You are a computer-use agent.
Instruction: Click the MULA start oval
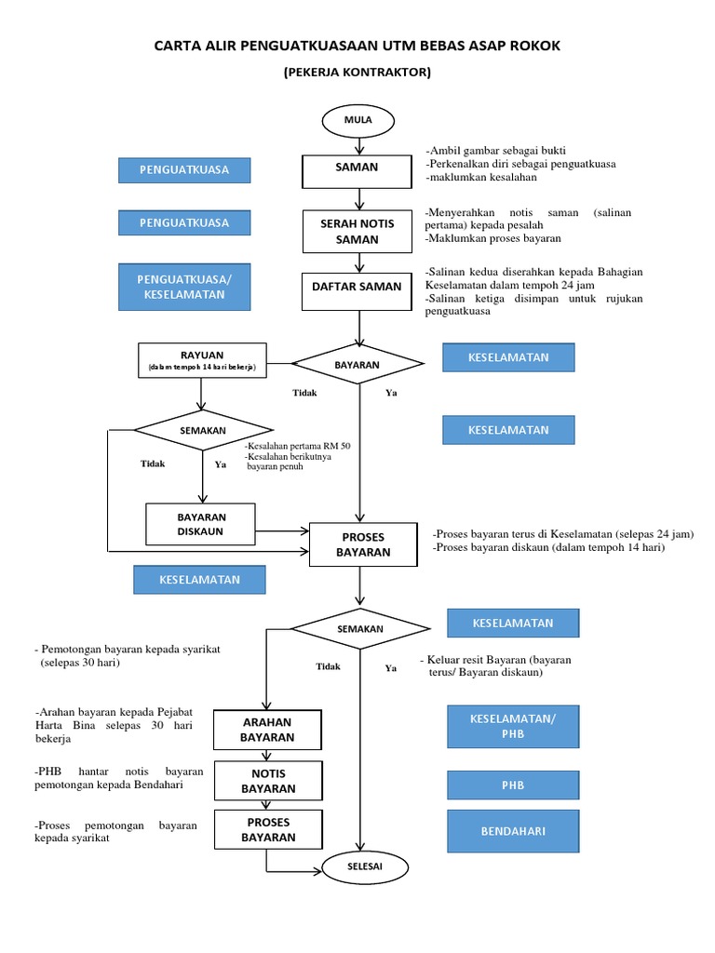point(358,121)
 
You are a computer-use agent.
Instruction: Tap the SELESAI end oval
point(358,866)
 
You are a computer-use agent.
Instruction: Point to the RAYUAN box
point(202,360)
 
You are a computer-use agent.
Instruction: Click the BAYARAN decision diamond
point(358,365)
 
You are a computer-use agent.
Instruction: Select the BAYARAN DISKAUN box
point(202,524)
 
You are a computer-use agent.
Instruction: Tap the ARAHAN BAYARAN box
point(268,730)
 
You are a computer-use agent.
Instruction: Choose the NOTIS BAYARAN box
point(268,781)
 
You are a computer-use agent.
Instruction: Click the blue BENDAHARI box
point(513,830)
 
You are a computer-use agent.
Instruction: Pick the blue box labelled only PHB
point(513,785)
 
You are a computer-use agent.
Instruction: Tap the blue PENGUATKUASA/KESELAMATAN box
point(184,287)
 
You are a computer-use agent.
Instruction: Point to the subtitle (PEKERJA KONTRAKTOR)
point(357,73)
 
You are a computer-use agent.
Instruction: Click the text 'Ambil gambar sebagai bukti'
point(495,151)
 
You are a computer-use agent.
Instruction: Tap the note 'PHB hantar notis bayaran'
point(115,778)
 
